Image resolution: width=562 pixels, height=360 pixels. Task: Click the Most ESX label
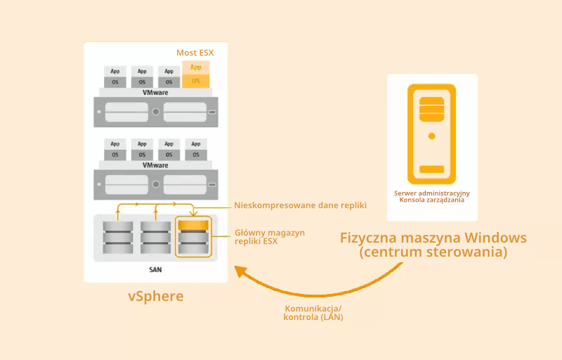click(x=195, y=53)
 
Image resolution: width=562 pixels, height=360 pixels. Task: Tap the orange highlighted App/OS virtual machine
click(x=196, y=74)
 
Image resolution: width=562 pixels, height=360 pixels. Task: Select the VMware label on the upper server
click(x=155, y=92)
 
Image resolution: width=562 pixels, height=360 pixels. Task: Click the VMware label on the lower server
click(x=155, y=165)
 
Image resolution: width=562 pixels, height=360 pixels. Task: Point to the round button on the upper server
click(x=155, y=112)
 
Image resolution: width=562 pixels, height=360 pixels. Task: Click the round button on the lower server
click(x=155, y=185)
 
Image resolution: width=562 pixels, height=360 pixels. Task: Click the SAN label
click(x=155, y=269)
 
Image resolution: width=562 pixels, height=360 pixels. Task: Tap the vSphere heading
click(x=155, y=296)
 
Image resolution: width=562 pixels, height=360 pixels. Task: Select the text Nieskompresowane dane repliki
click(x=300, y=205)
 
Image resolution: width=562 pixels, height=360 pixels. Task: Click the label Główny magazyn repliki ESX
click(x=270, y=237)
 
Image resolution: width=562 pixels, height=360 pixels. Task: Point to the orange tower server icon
click(x=431, y=134)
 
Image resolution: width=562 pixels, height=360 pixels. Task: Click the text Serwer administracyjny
click(x=431, y=193)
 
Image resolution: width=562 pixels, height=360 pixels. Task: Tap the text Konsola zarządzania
click(x=431, y=200)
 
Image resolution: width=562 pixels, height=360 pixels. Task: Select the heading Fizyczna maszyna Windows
click(x=433, y=237)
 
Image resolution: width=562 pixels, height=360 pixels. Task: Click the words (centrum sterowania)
click(x=433, y=252)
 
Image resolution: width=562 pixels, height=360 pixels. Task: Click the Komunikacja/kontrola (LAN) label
click(x=313, y=313)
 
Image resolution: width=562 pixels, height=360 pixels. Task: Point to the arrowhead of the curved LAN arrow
click(x=240, y=271)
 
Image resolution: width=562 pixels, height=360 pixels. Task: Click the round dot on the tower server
click(x=431, y=136)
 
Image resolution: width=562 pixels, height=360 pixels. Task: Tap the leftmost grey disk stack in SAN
click(x=118, y=237)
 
